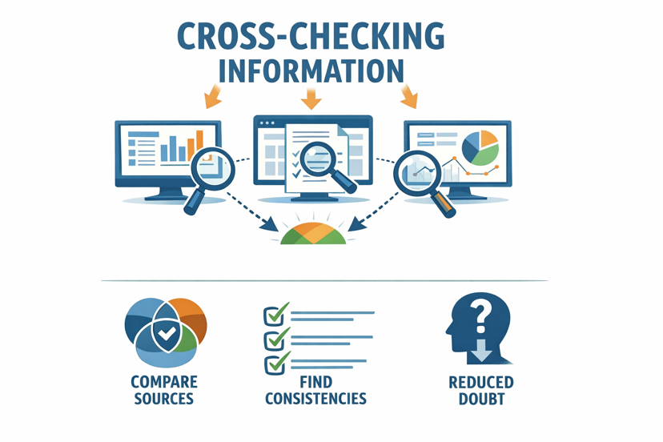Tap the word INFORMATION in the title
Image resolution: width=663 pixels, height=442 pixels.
coord(310,70)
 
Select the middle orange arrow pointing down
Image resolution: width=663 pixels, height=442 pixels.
coord(311,100)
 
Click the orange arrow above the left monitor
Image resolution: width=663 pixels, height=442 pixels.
coord(214,98)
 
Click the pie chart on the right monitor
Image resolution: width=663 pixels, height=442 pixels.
coord(480,148)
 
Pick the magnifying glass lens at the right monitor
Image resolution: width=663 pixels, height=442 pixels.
coord(416,170)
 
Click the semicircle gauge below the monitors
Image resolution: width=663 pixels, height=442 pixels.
coord(312,234)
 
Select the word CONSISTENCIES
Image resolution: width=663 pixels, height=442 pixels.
coord(315,398)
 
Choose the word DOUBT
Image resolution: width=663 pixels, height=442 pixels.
coord(480,398)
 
